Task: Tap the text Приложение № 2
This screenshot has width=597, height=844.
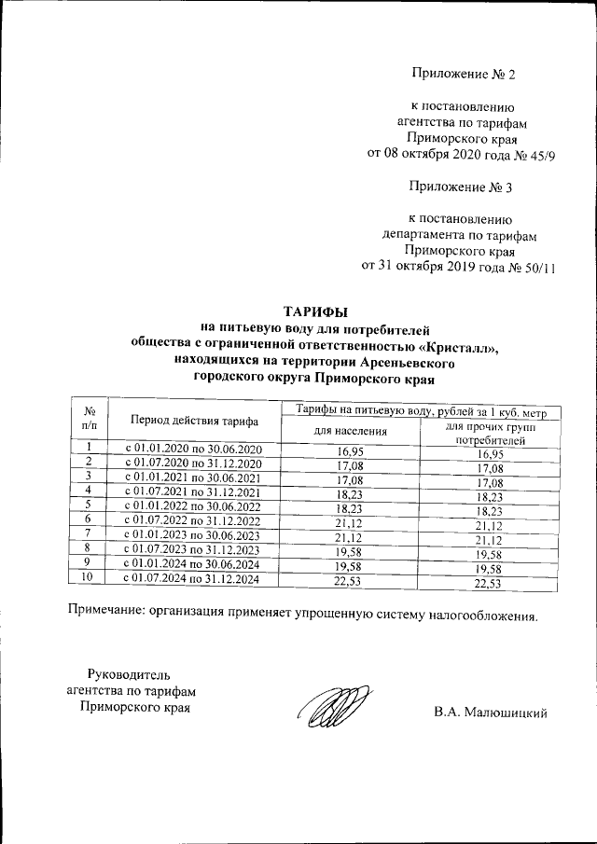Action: click(463, 73)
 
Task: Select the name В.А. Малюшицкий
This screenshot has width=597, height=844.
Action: click(489, 713)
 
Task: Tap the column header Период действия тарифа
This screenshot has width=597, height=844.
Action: click(194, 420)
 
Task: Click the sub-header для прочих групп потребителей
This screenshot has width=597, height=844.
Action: click(489, 432)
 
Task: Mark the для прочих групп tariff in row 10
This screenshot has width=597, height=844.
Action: click(491, 583)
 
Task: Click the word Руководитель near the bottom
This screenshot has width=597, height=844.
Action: click(128, 674)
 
